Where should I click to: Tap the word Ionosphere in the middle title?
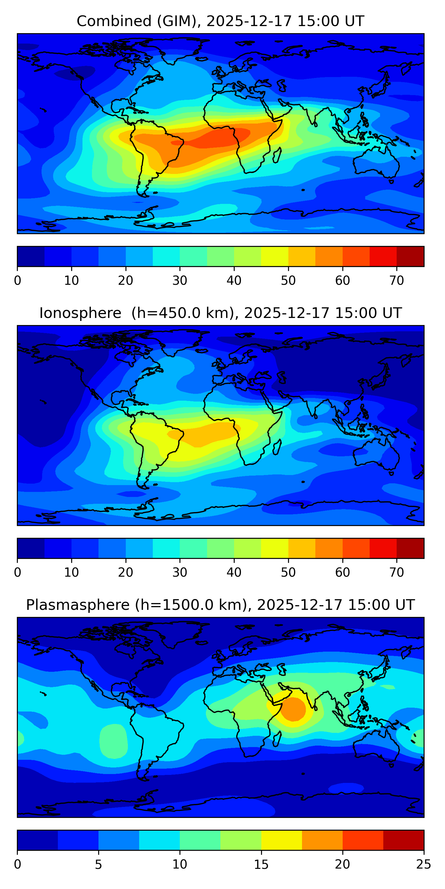coord(80,313)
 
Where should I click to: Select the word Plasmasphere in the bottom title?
coord(78,605)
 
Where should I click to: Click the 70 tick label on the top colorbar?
coord(397,281)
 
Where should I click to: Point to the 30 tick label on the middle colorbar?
coord(180,573)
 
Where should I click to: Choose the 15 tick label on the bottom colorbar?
coord(261,864)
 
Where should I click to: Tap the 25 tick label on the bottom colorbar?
coord(424,864)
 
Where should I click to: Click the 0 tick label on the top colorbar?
coord(18,281)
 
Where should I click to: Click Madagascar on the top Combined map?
coord(277,155)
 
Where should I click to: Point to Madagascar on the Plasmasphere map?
coord(277,739)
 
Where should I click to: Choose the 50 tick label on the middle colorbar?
coord(288,573)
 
